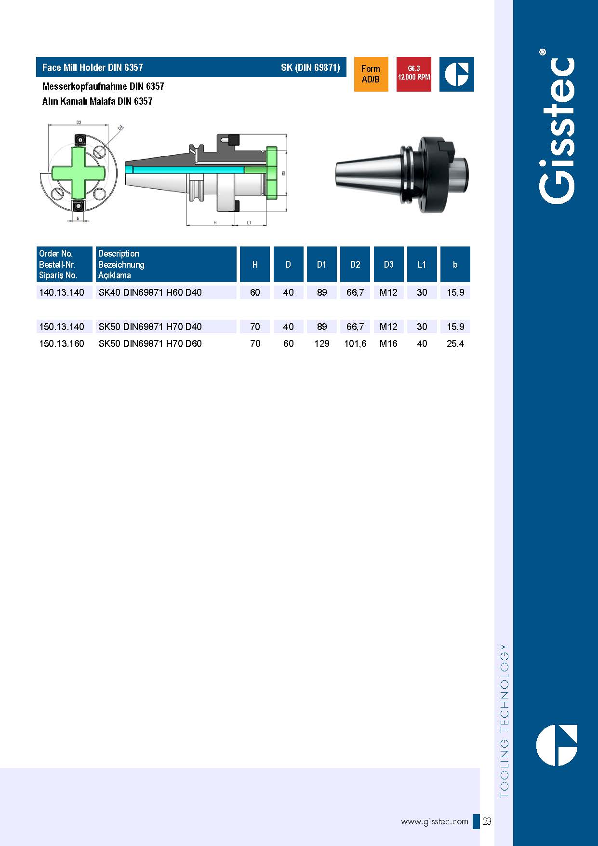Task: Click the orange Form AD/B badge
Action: point(371,74)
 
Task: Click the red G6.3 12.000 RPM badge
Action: point(413,74)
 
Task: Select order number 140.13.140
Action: point(62,292)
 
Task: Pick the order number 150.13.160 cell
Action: point(62,343)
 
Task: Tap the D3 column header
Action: point(388,264)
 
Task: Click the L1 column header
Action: point(422,264)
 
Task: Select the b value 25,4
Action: point(455,343)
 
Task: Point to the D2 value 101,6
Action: point(355,343)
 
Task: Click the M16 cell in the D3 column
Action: point(388,343)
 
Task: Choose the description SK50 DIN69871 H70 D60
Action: point(150,343)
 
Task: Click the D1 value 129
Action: point(321,343)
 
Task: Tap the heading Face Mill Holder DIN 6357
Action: point(93,68)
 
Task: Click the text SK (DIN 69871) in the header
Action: point(310,68)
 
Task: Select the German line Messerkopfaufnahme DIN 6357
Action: point(103,86)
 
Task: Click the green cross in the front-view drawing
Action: point(79,172)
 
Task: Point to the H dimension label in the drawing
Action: point(215,223)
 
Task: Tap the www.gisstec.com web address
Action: point(434,821)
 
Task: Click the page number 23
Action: point(487,821)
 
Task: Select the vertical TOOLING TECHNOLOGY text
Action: point(504,720)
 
